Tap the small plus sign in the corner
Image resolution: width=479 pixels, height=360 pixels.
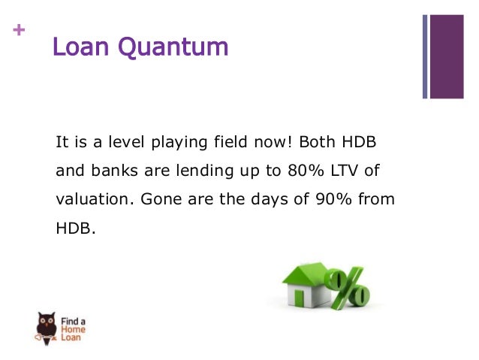point(18,31)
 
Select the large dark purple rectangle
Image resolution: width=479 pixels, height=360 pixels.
point(447,56)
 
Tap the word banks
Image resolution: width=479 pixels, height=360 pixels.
point(116,171)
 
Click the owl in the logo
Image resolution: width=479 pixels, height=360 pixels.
point(46,325)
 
